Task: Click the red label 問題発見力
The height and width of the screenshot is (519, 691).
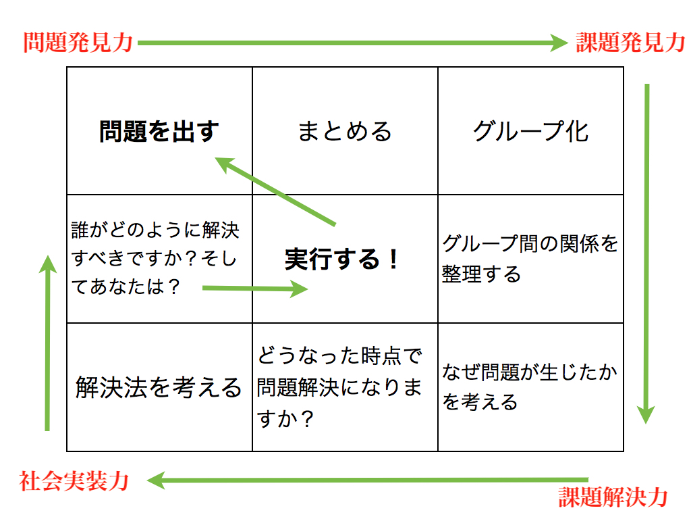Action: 78,43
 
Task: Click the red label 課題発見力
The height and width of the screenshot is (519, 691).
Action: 631,43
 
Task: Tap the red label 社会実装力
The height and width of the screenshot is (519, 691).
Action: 74,481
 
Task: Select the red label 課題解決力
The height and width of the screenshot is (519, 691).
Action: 613,497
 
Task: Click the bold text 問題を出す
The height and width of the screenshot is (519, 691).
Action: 159,131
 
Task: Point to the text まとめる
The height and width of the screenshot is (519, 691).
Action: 345,131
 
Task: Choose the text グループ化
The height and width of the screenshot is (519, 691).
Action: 530,131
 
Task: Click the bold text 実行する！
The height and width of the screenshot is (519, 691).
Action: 342,259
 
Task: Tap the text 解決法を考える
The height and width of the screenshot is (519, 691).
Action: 159,387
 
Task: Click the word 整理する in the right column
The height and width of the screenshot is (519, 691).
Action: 481,274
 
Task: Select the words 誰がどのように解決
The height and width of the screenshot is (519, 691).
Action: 155,230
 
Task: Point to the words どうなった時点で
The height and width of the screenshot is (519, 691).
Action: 340,355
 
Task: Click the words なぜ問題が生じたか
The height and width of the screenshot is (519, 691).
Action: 530,372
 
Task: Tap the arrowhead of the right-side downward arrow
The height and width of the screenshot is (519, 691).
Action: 646,415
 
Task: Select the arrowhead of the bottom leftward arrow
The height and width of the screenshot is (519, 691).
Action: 156,480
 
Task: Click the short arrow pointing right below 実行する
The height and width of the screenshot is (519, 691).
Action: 255,289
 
